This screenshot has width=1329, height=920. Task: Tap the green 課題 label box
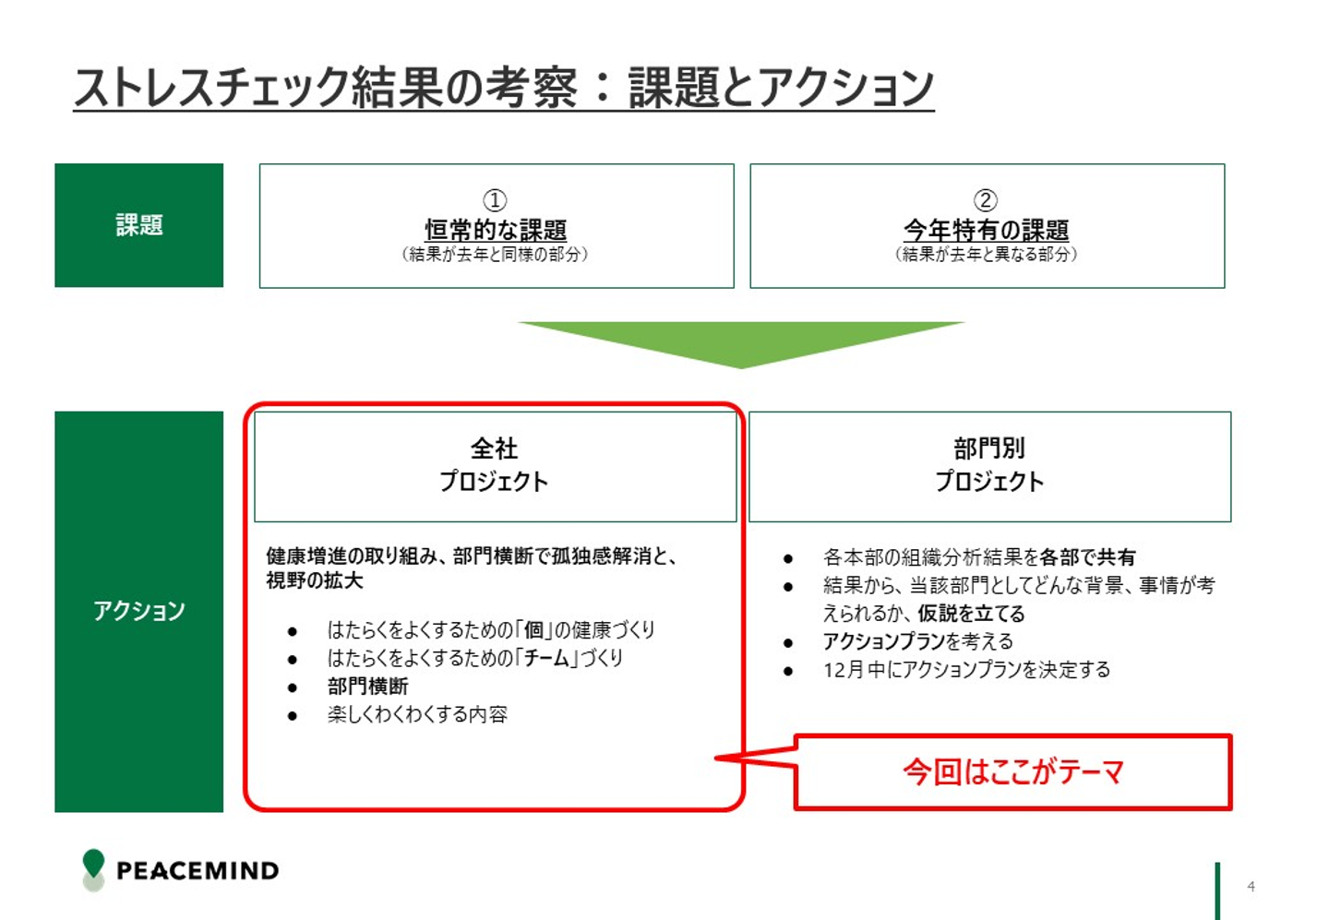pyautogui.click(x=138, y=225)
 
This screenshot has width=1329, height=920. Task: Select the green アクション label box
pyautogui.click(x=138, y=611)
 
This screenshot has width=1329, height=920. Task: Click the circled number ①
pyautogui.click(x=495, y=200)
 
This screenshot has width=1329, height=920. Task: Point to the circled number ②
pyautogui.click(x=986, y=200)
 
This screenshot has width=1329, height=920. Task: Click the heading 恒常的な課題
pyautogui.click(x=496, y=230)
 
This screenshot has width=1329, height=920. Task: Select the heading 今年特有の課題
pyautogui.click(x=986, y=230)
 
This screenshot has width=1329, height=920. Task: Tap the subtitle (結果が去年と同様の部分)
pyautogui.click(x=495, y=254)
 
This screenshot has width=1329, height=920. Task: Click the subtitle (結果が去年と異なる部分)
pyautogui.click(x=986, y=254)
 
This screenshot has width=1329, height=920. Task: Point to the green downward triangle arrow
pyautogui.click(x=741, y=341)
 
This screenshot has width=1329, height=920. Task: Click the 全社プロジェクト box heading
pyautogui.click(x=494, y=465)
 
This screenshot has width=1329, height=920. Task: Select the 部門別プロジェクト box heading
pyautogui.click(x=989, y=465)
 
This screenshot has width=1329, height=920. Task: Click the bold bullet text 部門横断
pyautogui.click(x=367, y=687)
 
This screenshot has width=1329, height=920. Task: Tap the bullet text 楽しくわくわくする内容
pyautogui.click(x=417, y=714)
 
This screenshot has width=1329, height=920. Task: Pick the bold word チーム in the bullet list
pyautogui.click(x=547, y=658)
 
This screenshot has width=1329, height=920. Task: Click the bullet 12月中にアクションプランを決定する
pyautogui.click(x=966, y=670)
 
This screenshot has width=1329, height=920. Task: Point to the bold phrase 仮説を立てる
pyautogui.click(x=971, y=614)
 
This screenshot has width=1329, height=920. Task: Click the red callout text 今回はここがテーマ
pyautogui.click(x=1012, y=771)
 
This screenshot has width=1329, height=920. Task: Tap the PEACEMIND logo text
pyautogui.click(x=198, y=870)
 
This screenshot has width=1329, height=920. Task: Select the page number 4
pyautogui.click(x=1251, y=887)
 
